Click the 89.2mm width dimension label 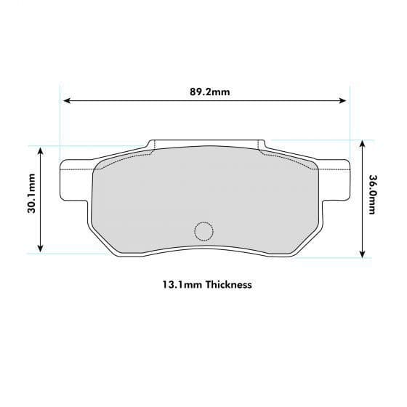coord(209,92)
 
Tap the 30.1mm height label coord(31,198)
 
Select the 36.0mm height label coord(372,196)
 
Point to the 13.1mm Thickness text coord(207,284)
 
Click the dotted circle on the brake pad coord(203,231)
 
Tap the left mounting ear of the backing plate coord(75,180)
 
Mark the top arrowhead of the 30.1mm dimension coord(41,150)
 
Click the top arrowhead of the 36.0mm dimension coord(361,144)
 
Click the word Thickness coord(228,284)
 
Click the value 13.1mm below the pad coord(182,284)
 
